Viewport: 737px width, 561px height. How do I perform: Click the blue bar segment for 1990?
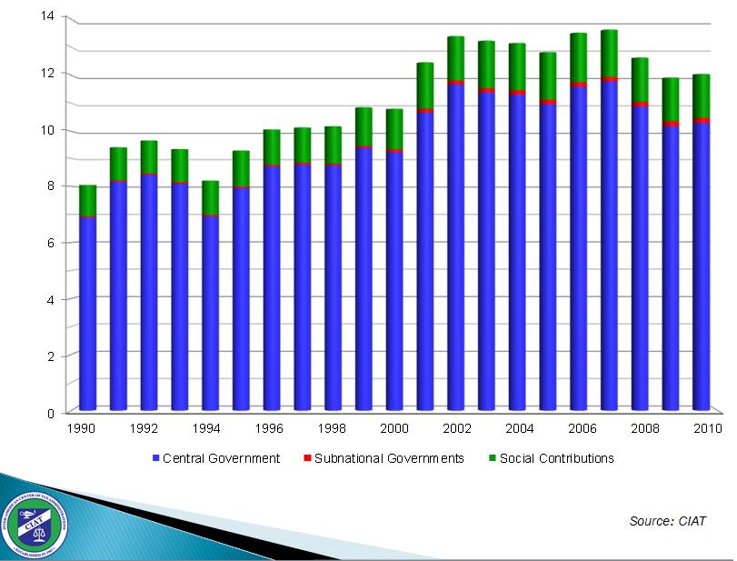pos(87,314)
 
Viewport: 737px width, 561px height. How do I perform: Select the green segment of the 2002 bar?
pos(455,59)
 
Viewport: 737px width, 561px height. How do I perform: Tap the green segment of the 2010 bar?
pos(701,96)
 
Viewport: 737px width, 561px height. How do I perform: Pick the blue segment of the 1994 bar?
pos(210,314)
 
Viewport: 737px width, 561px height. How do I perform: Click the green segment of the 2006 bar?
pos(578,58)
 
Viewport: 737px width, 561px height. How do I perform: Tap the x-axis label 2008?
pos(646,427)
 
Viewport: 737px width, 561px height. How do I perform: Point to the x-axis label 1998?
pos(332,427)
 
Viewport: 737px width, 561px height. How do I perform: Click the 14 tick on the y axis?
pos(48,16)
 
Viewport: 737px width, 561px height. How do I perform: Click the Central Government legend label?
pos(221,458)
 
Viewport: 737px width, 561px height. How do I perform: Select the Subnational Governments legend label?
pos(389,458)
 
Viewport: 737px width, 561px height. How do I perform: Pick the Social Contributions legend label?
pos(556,458)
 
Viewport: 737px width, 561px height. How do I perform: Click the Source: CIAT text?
pos(667,521)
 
